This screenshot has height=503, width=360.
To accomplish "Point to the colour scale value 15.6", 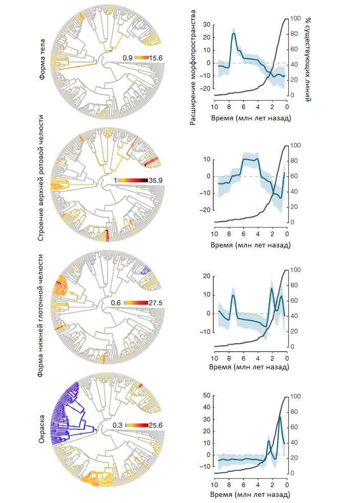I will pyautogui.click(x=156, y=58).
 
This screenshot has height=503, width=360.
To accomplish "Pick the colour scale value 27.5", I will pyautogui.click(x=155, y=303).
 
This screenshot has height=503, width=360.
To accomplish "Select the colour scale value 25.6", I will pyautogui.click(x=155, y=425).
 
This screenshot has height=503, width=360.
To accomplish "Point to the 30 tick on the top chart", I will pyautogui.click(x=207, y=24).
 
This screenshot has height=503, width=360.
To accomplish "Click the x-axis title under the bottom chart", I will pyautogui.click(x=250, y=495).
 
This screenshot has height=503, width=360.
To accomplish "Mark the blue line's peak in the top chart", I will pyautogui.click(x=234, y=33).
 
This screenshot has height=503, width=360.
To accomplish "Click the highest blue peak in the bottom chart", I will pyautogui.click(x=280, y=417).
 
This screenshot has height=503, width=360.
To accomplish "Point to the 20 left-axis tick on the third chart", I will pyautogui.click(x=207, y=277).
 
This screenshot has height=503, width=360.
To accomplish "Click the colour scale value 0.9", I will pyautogui.click(x=128, y=58).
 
